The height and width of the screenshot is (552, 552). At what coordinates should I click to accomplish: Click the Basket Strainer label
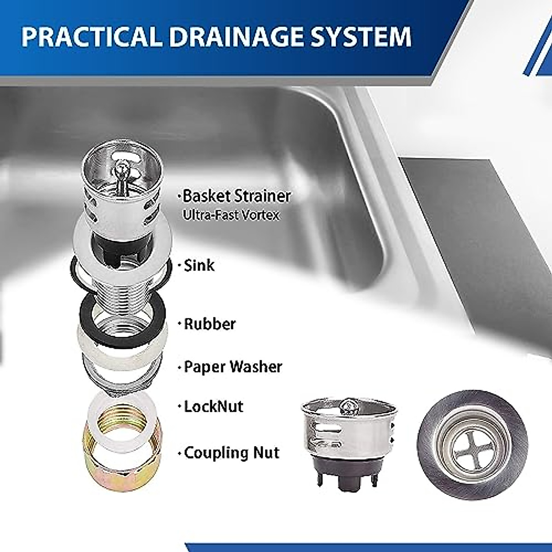coord(236,196)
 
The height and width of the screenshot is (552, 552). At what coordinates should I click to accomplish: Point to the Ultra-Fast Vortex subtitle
coord(231,215)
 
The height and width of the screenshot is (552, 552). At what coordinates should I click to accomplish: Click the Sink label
coord(199,265)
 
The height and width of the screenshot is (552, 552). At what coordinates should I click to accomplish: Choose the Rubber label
coord(209,323)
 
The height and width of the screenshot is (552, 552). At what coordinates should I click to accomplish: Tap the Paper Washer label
coord(233,367)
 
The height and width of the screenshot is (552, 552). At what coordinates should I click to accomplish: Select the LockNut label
coord(213,407)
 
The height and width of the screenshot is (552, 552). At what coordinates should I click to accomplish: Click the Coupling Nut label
coord(231,453)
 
